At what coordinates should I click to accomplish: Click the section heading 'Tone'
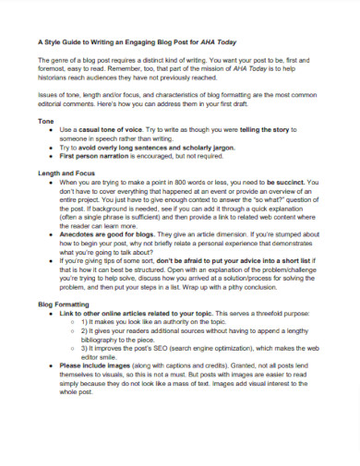point(45,122)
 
